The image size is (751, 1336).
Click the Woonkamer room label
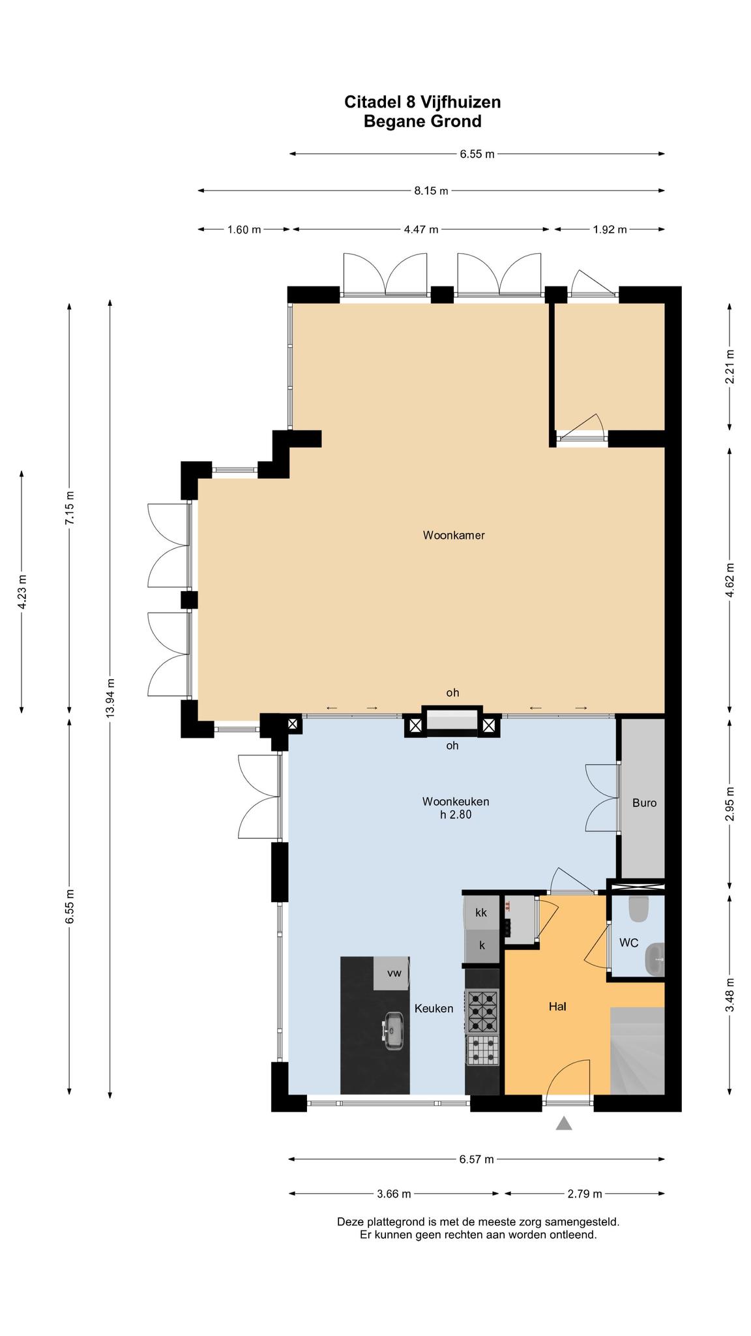pyautogui.click(x=454, y=536)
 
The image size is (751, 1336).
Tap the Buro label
pyautogui.click(x=644, y=803)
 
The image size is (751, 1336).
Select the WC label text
pyautogui.click(x=628, y=943)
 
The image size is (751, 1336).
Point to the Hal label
pyautogui.click(x=557, y=1007)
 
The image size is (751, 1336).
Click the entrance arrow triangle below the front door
pyautogui.click(x=564, y=1123)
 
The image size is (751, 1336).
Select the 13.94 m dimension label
pyautogui.click(x=110, y=699)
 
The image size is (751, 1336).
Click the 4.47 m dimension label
pyautogui.click(x=421, y=230)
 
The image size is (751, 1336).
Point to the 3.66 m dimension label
pyautogui.click(x=394, y=1194)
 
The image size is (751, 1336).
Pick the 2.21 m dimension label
pyautogui.click(x=729, y=367)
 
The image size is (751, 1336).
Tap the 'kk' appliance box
pyautogui.click(x=482, y=913)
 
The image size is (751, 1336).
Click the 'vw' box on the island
pyautogui.click(x=392, y=973)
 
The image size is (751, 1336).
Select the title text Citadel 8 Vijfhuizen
pyautogui.click(x=422, y=102)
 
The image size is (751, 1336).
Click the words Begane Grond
pyautogui.click(x=422, y=121)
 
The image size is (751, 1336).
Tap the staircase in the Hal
pyautogui.click(x=637, y=1051)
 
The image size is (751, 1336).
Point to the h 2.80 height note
pyautogui.click(x=456, y=814)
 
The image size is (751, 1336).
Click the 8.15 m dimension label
pyautogui.click(x=431, y=191)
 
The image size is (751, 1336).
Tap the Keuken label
pyautogui.click(x=434, y=1009)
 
